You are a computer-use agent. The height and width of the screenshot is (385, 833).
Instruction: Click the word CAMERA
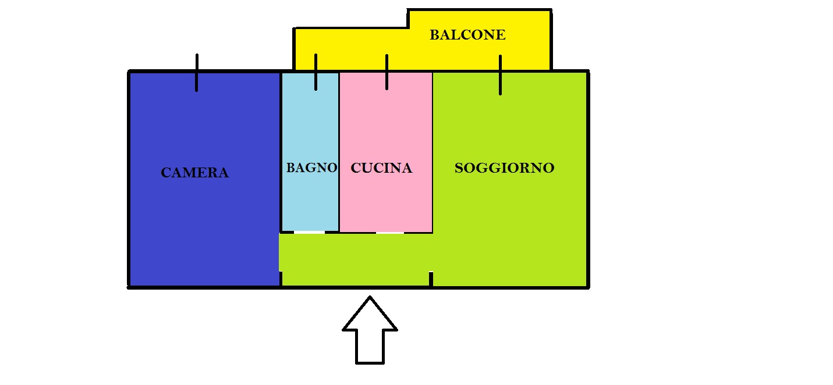(x=194, y=173)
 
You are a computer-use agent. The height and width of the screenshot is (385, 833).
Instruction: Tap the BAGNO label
(x=311, y=168)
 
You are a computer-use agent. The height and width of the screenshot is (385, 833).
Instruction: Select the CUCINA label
(x=381, y=168)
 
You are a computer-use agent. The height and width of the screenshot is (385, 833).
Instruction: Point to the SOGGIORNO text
(x=504, y=168)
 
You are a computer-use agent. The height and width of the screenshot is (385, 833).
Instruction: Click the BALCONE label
(x=467, y=35)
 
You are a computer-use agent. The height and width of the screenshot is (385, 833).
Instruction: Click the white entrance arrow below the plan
(x=370, y=330)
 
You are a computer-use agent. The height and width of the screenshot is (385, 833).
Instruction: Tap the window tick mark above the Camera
(x=197, y=73)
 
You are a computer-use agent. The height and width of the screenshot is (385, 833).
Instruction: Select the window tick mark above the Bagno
(x=316, y=72)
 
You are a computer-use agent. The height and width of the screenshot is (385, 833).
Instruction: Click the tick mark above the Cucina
(x=387, y=72)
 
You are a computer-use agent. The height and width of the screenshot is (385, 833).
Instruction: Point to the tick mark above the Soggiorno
(x=500, y=75)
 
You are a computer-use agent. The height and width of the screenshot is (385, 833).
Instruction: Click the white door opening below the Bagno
(x=310, y=233)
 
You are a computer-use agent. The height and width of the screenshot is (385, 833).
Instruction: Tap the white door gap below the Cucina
(x=390, y=233)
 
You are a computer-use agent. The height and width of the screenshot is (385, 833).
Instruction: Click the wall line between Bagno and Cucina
(x=339, y=152)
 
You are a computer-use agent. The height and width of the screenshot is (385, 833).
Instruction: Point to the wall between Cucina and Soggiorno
(x=433, y=152)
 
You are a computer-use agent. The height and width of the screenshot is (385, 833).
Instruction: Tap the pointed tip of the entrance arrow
(x=370, y=297)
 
